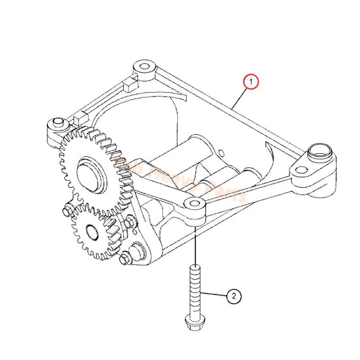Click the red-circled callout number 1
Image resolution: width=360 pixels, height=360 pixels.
pyautogui.click(x=251, y=81)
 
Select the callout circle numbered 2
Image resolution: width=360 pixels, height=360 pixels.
pyautogui.click(x=234, y=296)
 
